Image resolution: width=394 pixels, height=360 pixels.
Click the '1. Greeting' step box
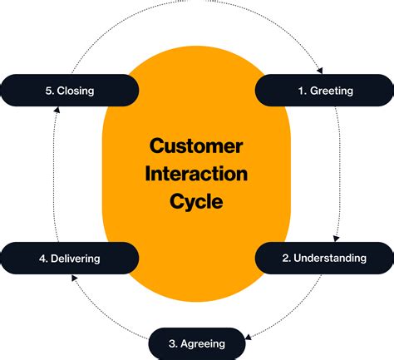[323, 90]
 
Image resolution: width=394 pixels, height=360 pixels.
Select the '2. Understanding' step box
[323, 258]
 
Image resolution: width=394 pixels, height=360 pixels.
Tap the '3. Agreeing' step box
[197, 343]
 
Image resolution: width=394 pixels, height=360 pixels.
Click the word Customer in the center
[196, 146]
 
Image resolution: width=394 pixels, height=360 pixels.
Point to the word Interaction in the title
[196, 174]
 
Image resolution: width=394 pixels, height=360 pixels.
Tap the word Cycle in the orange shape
[196, 201]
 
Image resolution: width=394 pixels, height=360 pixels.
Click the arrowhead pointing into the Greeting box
[320, 71]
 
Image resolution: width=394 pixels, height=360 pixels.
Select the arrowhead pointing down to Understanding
[335, 238]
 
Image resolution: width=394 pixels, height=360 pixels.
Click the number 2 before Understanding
[285, 258]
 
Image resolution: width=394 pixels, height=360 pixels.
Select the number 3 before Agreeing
[172, 343]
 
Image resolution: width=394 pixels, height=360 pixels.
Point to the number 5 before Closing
[48, 90]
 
